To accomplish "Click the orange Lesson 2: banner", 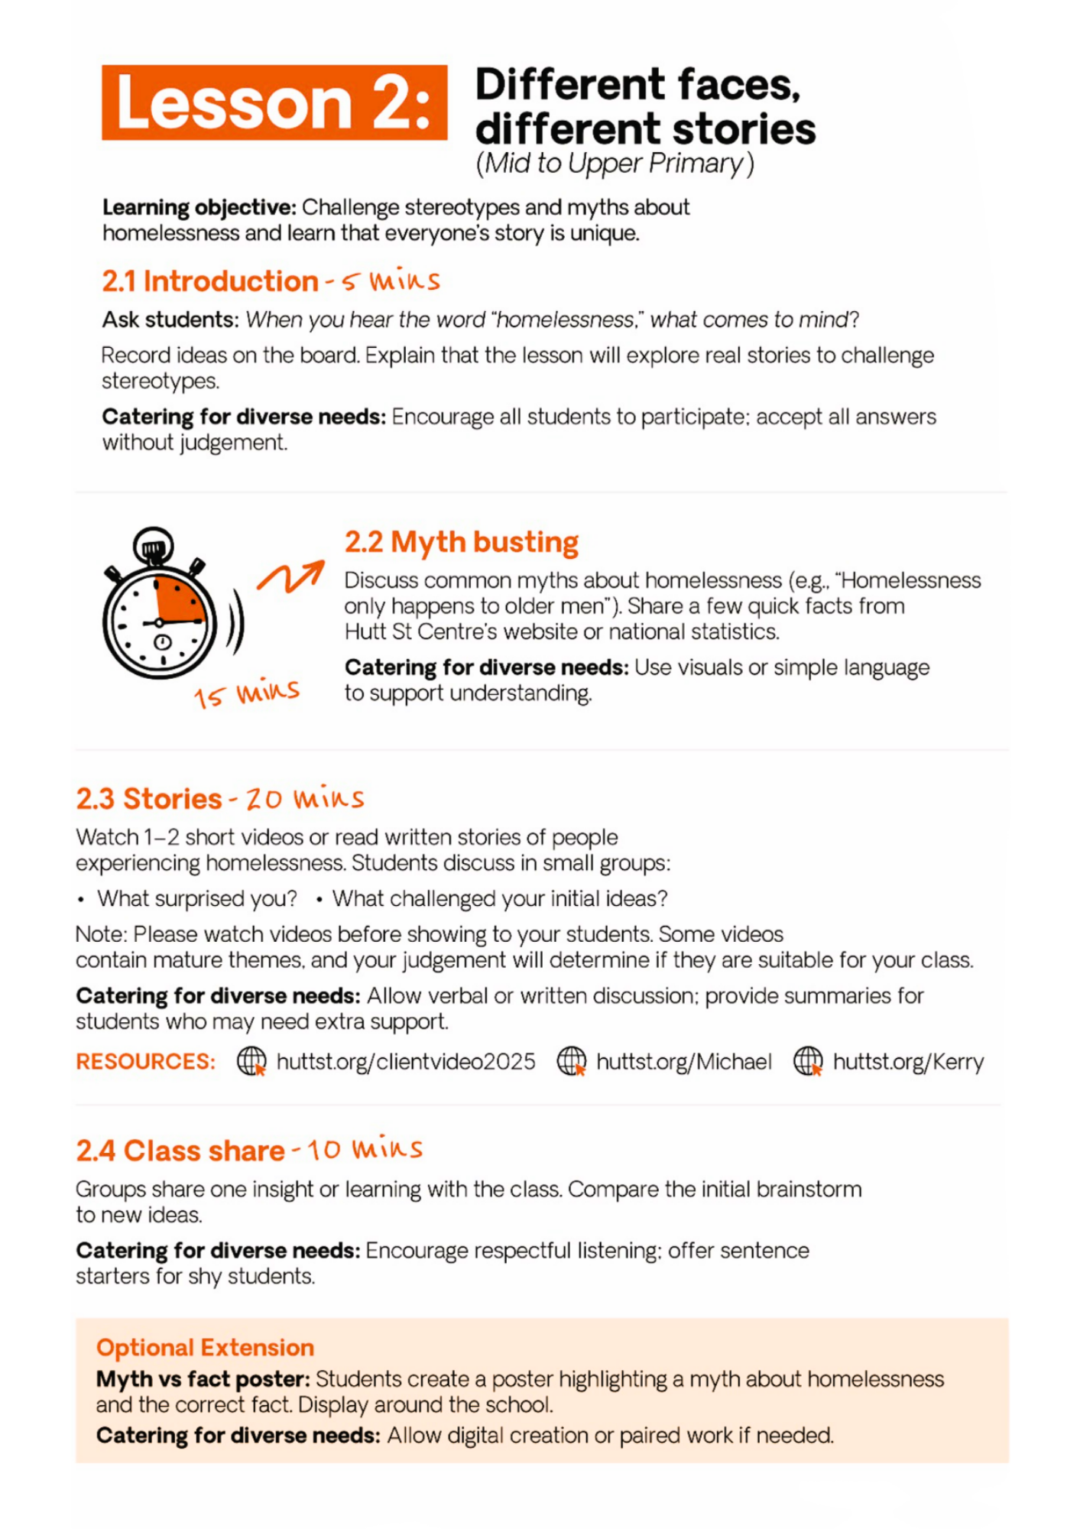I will pos(274,102).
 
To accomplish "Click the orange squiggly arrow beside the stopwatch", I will pos(290,576).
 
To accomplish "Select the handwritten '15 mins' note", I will pos(246,693).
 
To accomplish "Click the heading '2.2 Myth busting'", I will pos(461,542).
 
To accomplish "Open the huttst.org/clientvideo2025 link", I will pos(405,1062).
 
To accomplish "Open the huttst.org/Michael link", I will pos(683,1062).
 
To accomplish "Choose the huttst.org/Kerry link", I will pos(908,1062).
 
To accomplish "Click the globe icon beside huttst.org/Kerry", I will pos(808,1061).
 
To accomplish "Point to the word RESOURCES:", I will pos(145,1062).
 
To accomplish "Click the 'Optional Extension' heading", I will pos(205,1347).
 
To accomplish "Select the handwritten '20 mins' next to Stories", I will pos(305,799).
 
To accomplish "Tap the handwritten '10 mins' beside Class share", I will pos(365,1150).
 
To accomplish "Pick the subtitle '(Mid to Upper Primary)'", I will pos(615,164).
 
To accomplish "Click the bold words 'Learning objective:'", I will pos(199,207).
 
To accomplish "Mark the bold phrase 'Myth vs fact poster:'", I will pos(203,1379).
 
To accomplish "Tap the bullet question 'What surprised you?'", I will pos(196,899).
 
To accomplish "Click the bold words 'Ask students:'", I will pos(170,320).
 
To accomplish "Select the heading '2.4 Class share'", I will pos(180,1151).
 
